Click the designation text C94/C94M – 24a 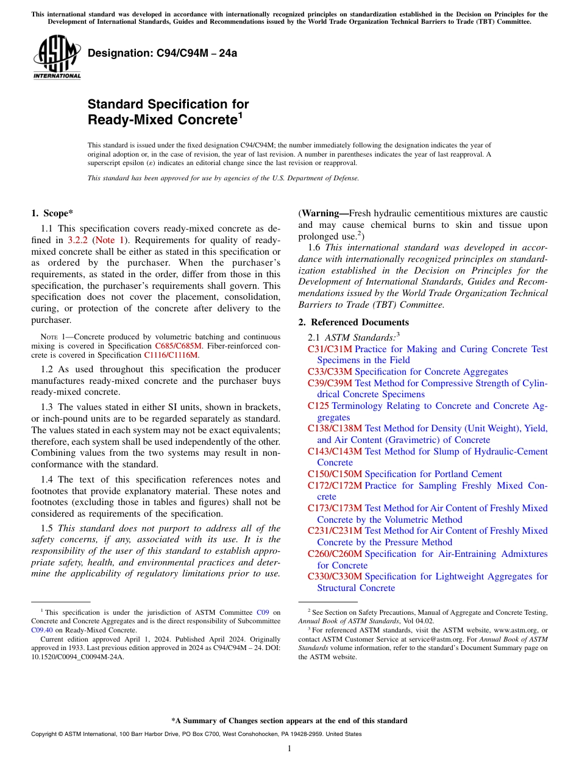163,53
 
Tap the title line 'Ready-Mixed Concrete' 162,120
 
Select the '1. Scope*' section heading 52,213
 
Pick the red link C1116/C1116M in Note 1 171,355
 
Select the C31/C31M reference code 330,349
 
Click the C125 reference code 318,406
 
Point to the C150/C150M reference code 335,474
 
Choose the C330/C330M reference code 335,576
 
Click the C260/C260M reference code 335,554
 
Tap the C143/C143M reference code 335,451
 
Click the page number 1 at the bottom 289,748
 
